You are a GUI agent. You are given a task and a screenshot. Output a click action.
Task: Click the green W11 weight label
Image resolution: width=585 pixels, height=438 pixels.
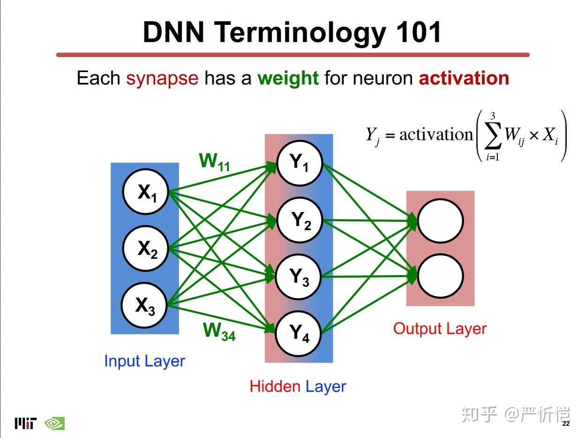[215, 162]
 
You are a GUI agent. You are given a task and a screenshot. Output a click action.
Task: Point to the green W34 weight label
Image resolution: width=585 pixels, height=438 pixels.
[219, 331]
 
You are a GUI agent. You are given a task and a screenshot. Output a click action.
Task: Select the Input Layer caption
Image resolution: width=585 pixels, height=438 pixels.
[144, 361]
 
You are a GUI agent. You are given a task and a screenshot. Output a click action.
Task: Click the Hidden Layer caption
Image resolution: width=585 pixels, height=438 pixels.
[298, 387]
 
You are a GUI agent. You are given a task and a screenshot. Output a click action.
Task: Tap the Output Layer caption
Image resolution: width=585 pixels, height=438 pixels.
[440, 329]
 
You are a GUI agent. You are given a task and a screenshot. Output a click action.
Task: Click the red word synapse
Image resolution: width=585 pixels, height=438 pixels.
[162, 79]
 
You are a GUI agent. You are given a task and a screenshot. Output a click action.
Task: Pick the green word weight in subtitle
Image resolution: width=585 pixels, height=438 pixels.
[288, 79]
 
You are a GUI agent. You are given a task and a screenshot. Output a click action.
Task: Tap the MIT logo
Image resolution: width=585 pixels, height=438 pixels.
[26, 423]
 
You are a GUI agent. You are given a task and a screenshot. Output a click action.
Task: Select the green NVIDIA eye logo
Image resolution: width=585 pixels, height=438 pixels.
[55, 423]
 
